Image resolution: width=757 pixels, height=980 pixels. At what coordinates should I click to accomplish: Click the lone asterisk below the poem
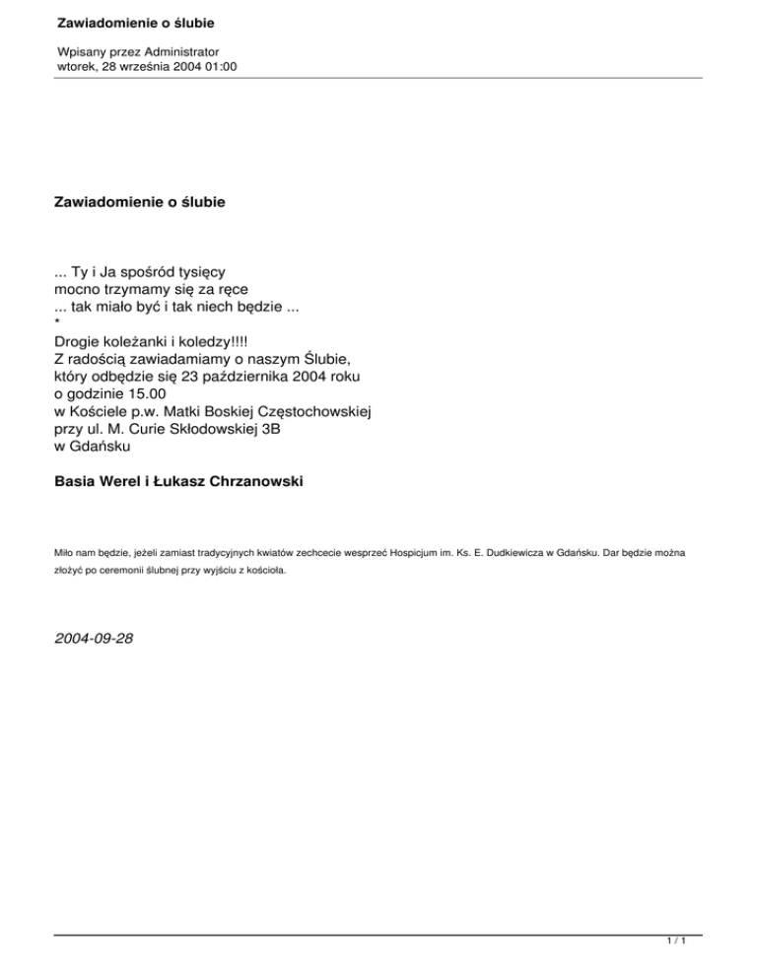(x=57, y=323)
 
